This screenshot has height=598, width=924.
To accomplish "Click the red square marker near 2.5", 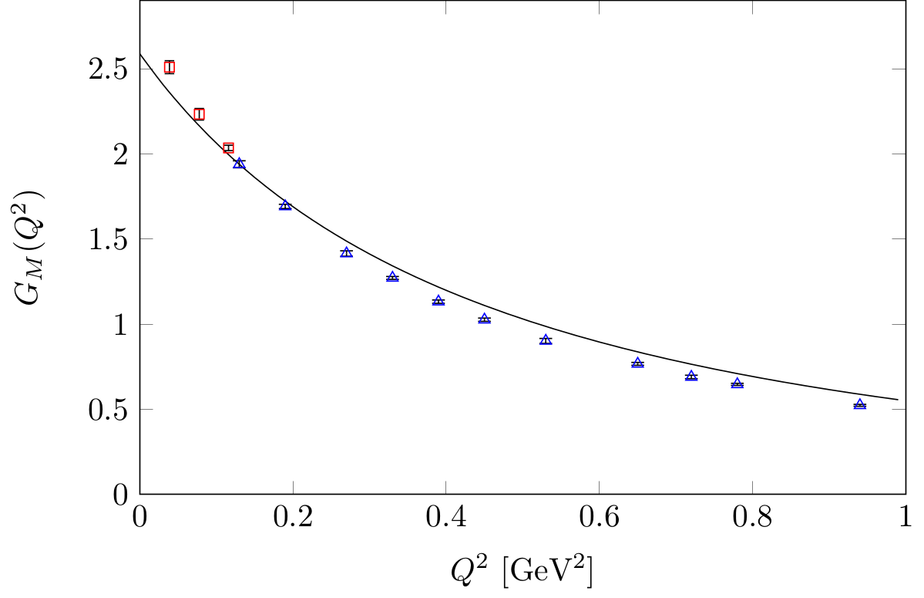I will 170,67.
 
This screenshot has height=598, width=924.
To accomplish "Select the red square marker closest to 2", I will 228,147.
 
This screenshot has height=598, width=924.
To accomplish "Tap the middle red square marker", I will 199,114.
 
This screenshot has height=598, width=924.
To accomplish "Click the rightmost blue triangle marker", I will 859,404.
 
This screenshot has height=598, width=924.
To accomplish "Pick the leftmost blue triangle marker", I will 239,164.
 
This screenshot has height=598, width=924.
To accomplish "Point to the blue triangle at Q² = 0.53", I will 546,340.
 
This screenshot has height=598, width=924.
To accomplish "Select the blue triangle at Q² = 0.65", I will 637,363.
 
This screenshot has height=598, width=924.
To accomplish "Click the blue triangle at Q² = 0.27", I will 346,252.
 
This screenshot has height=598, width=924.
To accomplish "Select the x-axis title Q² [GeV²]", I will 522,573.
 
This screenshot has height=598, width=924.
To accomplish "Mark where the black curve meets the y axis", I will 140,53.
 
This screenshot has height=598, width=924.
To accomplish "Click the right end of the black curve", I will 898,400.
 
